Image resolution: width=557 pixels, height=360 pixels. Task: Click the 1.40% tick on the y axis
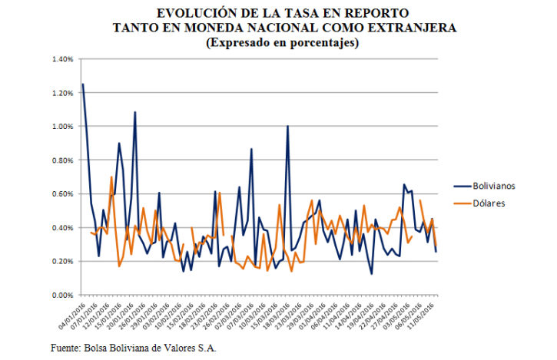click(x=62, y=59)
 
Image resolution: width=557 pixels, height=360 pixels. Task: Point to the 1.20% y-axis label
click(x=62, y=93)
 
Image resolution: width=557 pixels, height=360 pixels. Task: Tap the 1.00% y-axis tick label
click(x=62, y=127)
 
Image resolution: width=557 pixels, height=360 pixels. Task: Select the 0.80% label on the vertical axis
click(x=62, y=160)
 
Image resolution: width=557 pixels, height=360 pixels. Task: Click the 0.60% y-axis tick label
click(x=62, y=194)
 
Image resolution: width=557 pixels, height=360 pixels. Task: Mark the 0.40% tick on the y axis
click(x=62, y=228)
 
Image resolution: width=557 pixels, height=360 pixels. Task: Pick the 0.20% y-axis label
click(x=62, y=262)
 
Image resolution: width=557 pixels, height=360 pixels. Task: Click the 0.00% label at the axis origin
click(x=62, y=296)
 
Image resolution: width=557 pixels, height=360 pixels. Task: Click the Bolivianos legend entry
click(x=493, y=186)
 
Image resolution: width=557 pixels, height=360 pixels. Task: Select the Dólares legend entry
click(x=488, y=203)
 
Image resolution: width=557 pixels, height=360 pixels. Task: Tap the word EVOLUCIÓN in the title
click(x=197, y=13)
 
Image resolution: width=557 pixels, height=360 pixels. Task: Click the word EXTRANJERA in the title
click(x=398, y=28)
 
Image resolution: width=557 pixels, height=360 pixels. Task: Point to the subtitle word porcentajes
click(x=323, y=43)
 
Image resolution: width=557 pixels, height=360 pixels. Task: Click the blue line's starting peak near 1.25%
click(x=82, y=84)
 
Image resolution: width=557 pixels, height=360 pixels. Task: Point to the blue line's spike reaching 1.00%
click(x=287, y=126)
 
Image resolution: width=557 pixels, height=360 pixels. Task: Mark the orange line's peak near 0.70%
click(x=111, y=177)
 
